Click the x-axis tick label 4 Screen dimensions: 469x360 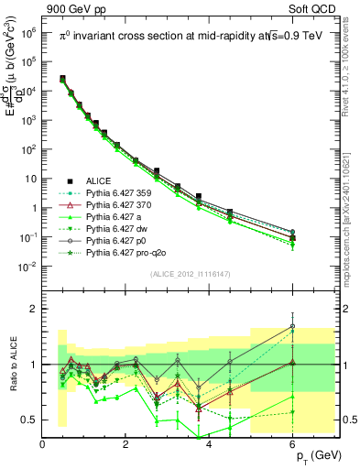click(x=209, y=444)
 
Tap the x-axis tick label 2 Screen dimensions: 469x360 click(x=126, y=444)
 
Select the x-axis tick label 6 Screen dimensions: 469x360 click(x=292, y=444)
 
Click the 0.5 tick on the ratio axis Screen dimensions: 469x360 click(x=30, y=420)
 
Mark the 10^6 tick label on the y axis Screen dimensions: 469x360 click(x=27, y=32)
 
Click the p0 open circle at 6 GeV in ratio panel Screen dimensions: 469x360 click(x=292, y=326)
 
